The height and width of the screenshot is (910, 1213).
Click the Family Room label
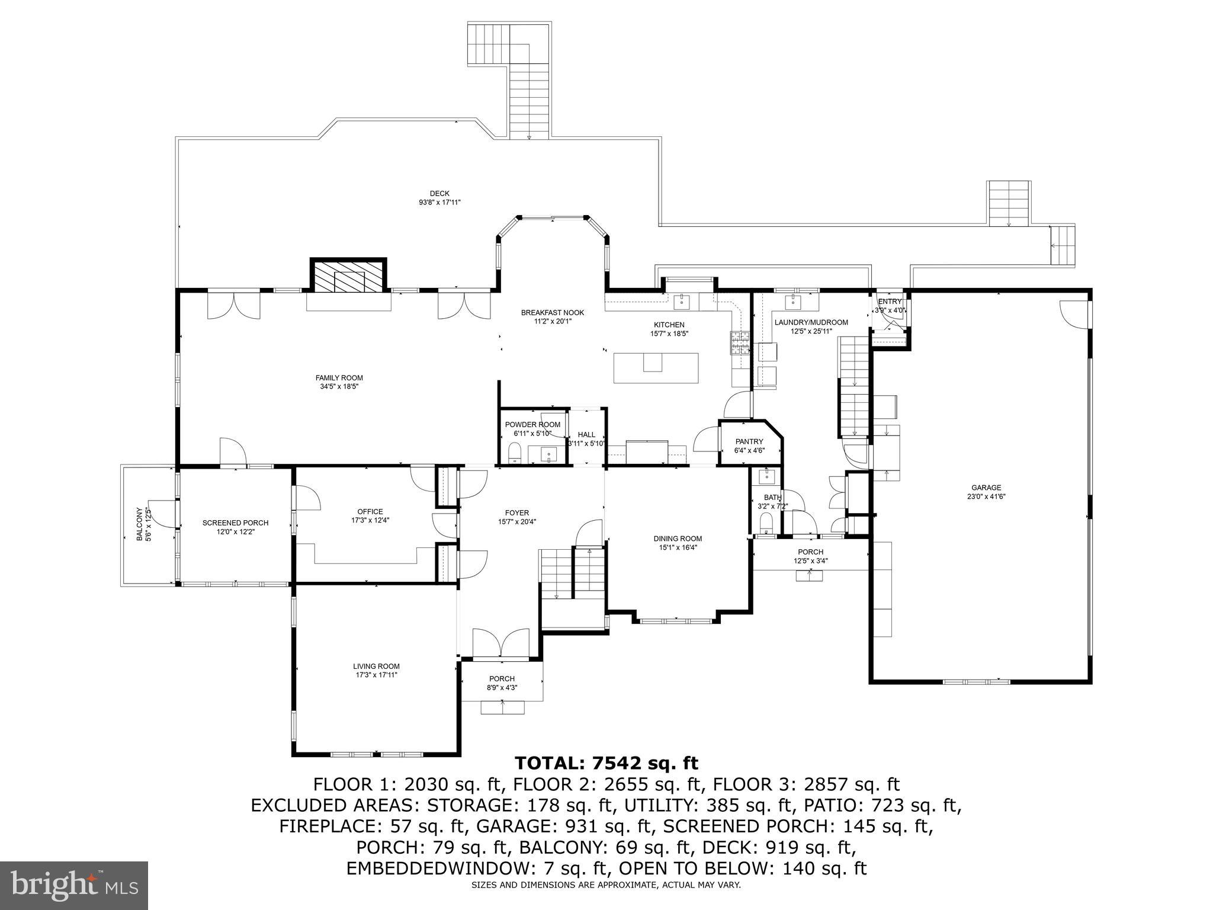[x=339, y=378]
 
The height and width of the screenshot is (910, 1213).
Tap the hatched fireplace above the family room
[x=349, y=276]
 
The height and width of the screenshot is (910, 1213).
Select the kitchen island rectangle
[x=656, y=368]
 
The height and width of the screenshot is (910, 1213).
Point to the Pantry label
[x=749, y=441]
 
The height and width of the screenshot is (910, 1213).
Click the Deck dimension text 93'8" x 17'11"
[x=439, y=203]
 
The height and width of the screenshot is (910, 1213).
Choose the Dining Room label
[x=678, y=539]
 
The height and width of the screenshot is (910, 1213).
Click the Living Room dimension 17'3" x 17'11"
[x=376, y=675]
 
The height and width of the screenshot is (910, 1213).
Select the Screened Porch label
[x=235, y=523]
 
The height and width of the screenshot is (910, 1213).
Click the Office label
[x=370, y=512]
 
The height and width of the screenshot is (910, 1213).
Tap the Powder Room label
[x=532, y=425]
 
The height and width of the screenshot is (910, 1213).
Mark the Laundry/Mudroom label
[x=811, y=322]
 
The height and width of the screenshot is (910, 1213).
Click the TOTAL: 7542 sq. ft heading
[x=606, y=762]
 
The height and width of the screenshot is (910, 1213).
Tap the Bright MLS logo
[x=74, y=885]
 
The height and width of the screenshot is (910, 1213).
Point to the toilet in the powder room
[x=515, y=453]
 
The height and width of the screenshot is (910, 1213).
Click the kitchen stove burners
[x=740, y=342]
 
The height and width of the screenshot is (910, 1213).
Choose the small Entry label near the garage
[x=889, y=302]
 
